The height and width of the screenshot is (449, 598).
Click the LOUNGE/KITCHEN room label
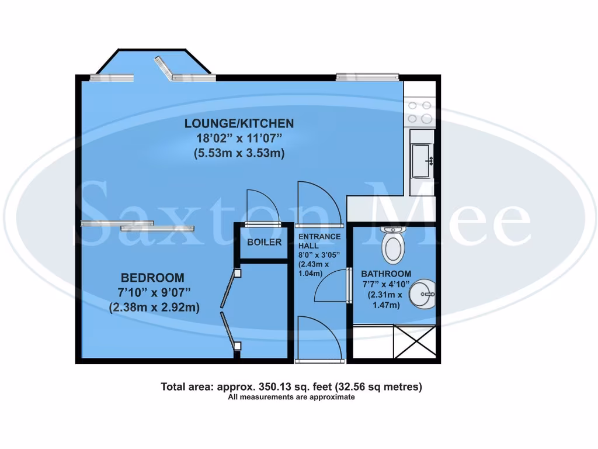tap(239, 123)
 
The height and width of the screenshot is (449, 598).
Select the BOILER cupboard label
tap(264, 242)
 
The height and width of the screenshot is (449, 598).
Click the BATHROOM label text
tap(385, 274)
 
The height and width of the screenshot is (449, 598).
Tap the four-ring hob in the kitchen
tap(420, 112)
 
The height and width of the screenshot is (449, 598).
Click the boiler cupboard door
tap(263, 208)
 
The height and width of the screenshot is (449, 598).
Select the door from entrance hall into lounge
tap(318, 205)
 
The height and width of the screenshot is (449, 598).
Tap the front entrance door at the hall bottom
tap(318, 339)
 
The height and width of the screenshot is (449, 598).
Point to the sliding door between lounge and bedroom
tap(137, 225)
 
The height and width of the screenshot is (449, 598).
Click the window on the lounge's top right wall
tap(367, 76)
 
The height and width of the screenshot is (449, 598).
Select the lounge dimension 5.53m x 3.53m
tap(239, 154)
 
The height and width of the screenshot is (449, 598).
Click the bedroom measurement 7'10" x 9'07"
tap(154, 292)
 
